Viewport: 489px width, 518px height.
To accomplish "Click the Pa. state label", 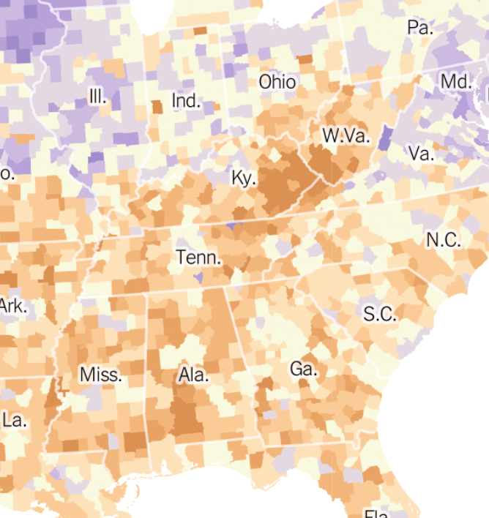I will click(x=420, y=28).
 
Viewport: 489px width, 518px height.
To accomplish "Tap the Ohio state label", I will click(x=277, y=81).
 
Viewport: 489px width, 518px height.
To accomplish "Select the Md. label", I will click(x=456, y=81).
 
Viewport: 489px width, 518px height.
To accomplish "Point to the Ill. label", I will click(x=97, y=96).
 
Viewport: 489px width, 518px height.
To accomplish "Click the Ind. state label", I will click(x=186, y=100).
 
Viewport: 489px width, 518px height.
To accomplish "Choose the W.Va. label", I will click(x=346, y=136).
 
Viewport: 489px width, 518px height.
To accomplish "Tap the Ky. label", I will click(x=244, y=178).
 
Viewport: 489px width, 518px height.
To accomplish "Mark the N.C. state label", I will click(x=444, y=239).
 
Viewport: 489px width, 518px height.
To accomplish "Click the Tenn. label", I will click(x=198, y=258).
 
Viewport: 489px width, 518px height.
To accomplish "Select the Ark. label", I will click(x=12, y=305).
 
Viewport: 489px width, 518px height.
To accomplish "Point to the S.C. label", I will click(x=380, y=314).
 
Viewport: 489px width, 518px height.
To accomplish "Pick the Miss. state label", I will click(x=101, y=375).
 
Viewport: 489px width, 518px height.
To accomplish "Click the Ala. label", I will click(x=193, y=376).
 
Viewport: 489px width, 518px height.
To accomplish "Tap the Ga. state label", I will click(x=303, y=369).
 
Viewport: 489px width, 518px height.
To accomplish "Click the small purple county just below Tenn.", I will click(x=198, y=278).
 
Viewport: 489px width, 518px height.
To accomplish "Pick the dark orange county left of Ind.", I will click(x=157, y=106).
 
